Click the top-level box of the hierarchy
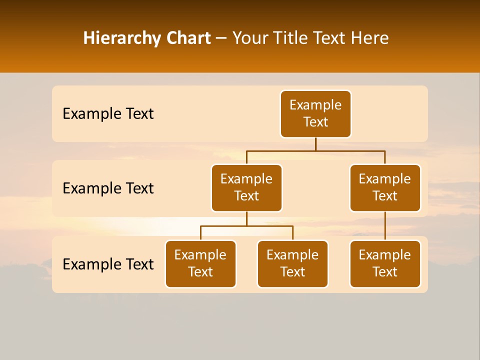click(x=315, y=113)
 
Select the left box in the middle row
click(x=246, y=187)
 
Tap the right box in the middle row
click(x=385, y=187)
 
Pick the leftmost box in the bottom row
click(x=200, y=263)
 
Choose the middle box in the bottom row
click(x=292, y=263)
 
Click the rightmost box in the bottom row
click(x=385, y=263)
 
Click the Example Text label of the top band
click(x=108, y=114)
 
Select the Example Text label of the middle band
click(x=108, y=188)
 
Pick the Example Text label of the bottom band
click(x=108, y=264)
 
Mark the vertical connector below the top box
click(x=315, y=144)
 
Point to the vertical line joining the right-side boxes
click(x=385, y=225)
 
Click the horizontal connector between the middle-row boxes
click(x=315, y=150)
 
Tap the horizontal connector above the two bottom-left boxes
click(x=246, y=226)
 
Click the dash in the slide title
click(x=221, y=38)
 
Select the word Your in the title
click(x=249, y=38)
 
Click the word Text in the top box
click(x=315, y=122)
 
